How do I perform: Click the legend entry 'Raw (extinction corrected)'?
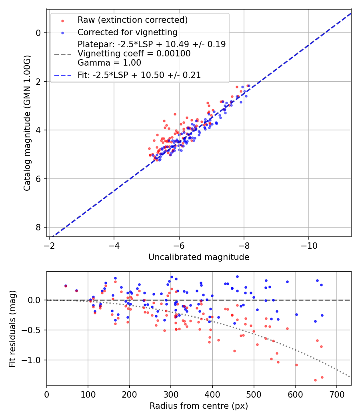(132, 20)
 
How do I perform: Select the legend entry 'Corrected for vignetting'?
(128, 32)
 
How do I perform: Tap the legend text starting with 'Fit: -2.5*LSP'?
(139, 75)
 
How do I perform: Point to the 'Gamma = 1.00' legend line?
(109, 62)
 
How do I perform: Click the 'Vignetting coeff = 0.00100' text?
(134, 54)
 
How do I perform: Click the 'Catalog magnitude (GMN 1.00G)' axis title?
(27, 122)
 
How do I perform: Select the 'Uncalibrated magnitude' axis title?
(199, 257)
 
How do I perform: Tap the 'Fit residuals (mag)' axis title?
(12, 328)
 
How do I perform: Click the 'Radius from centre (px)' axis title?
(199, 406)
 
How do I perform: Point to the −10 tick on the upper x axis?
(309, 243)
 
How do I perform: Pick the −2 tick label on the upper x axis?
(49, 243)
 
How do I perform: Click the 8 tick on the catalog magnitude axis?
(39, 227)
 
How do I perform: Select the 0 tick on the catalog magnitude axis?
(39, 33)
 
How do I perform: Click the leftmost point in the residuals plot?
(66, 286)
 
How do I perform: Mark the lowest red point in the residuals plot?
(315, 380)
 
